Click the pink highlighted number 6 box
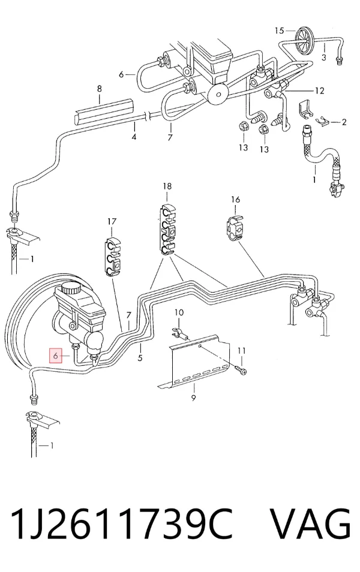pos(55,355)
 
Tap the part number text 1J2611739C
pos(122,524)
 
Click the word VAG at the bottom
pos(310,524)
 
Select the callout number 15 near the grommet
pos(279,31)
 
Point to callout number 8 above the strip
pos(100,89)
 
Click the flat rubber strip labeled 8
pos(103,110)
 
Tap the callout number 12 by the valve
pos(319,91)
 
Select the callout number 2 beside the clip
pos(344,122)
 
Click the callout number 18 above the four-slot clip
pos(167,186)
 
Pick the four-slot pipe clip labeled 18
pos(167,230)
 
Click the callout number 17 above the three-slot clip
pos(112,221)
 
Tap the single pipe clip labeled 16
pos(233,228)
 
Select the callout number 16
pos(235,200)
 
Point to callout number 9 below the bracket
pos(194,398)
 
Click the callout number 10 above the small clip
pos(179,312)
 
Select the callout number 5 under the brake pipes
pos(140,358)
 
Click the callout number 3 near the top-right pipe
pos(323,58)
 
